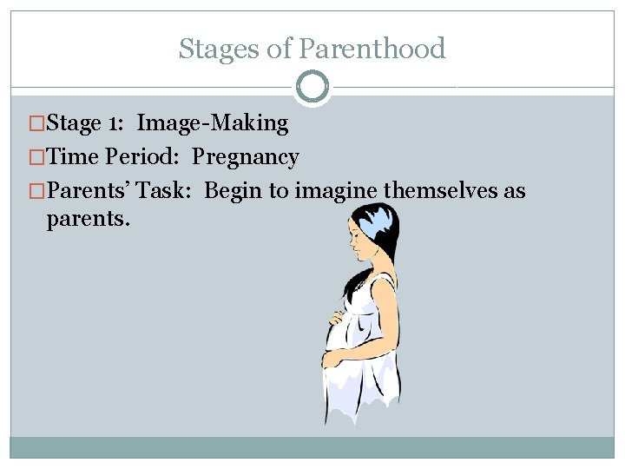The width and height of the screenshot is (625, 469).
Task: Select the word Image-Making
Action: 213,123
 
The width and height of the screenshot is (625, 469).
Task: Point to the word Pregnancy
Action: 246,157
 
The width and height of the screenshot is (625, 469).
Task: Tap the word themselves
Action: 440,191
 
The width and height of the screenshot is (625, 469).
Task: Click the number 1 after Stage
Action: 115,123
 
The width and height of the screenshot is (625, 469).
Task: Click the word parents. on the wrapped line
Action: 89,218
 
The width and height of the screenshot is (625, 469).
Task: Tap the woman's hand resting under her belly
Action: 333,357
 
